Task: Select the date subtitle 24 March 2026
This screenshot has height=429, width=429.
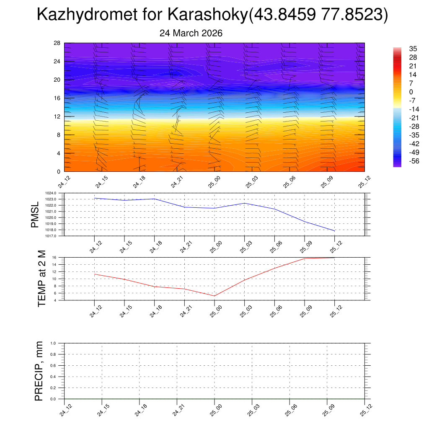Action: [191, 33]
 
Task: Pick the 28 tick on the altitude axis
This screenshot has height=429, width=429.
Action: [57, 43]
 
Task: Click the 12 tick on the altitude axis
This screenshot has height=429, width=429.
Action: [57, 116]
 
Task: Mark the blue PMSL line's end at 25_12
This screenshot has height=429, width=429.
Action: [334, 231]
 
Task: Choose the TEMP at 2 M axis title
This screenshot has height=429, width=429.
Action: [41, 279]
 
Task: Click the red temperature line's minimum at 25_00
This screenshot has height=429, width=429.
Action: [214, 296]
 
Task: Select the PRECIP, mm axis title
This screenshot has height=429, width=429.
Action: [39, 371]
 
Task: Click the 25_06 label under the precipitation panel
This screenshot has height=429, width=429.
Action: [289, 410]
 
